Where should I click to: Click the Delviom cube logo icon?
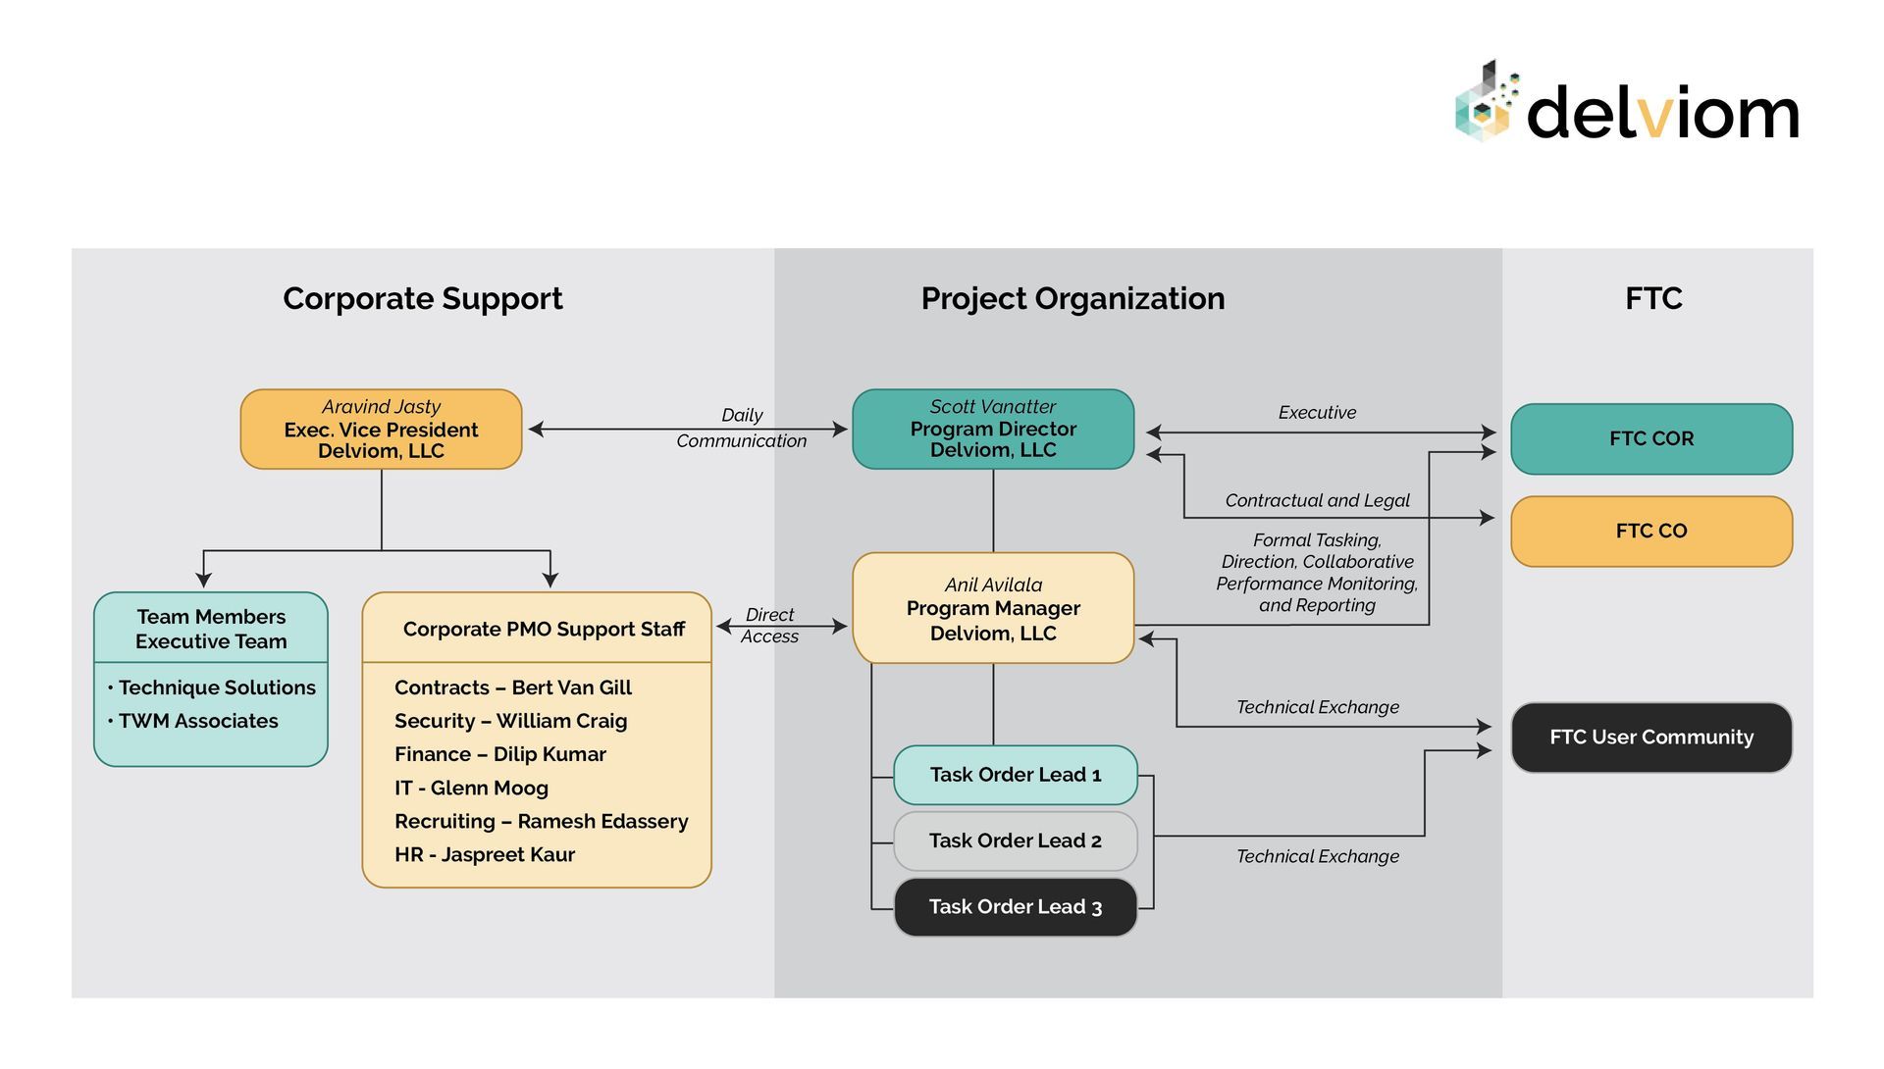1486,103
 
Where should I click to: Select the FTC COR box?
1650,438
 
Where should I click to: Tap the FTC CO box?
1650,531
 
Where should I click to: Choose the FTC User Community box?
1650,737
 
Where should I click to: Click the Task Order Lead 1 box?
1015,775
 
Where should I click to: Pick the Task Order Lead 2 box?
1015,840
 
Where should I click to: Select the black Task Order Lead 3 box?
1015,907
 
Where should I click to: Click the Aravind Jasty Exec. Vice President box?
381,429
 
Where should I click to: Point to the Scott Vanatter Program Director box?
992,429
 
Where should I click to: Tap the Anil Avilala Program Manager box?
992,608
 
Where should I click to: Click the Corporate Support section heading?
422,298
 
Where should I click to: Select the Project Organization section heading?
1072,298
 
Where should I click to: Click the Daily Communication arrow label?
741,428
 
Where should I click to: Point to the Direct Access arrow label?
769,626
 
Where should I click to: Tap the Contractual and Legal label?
1317,500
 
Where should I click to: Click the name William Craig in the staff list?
561,721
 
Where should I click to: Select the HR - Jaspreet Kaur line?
485,854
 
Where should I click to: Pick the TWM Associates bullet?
197,721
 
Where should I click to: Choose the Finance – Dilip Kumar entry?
500,754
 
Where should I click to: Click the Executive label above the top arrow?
1317,413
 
